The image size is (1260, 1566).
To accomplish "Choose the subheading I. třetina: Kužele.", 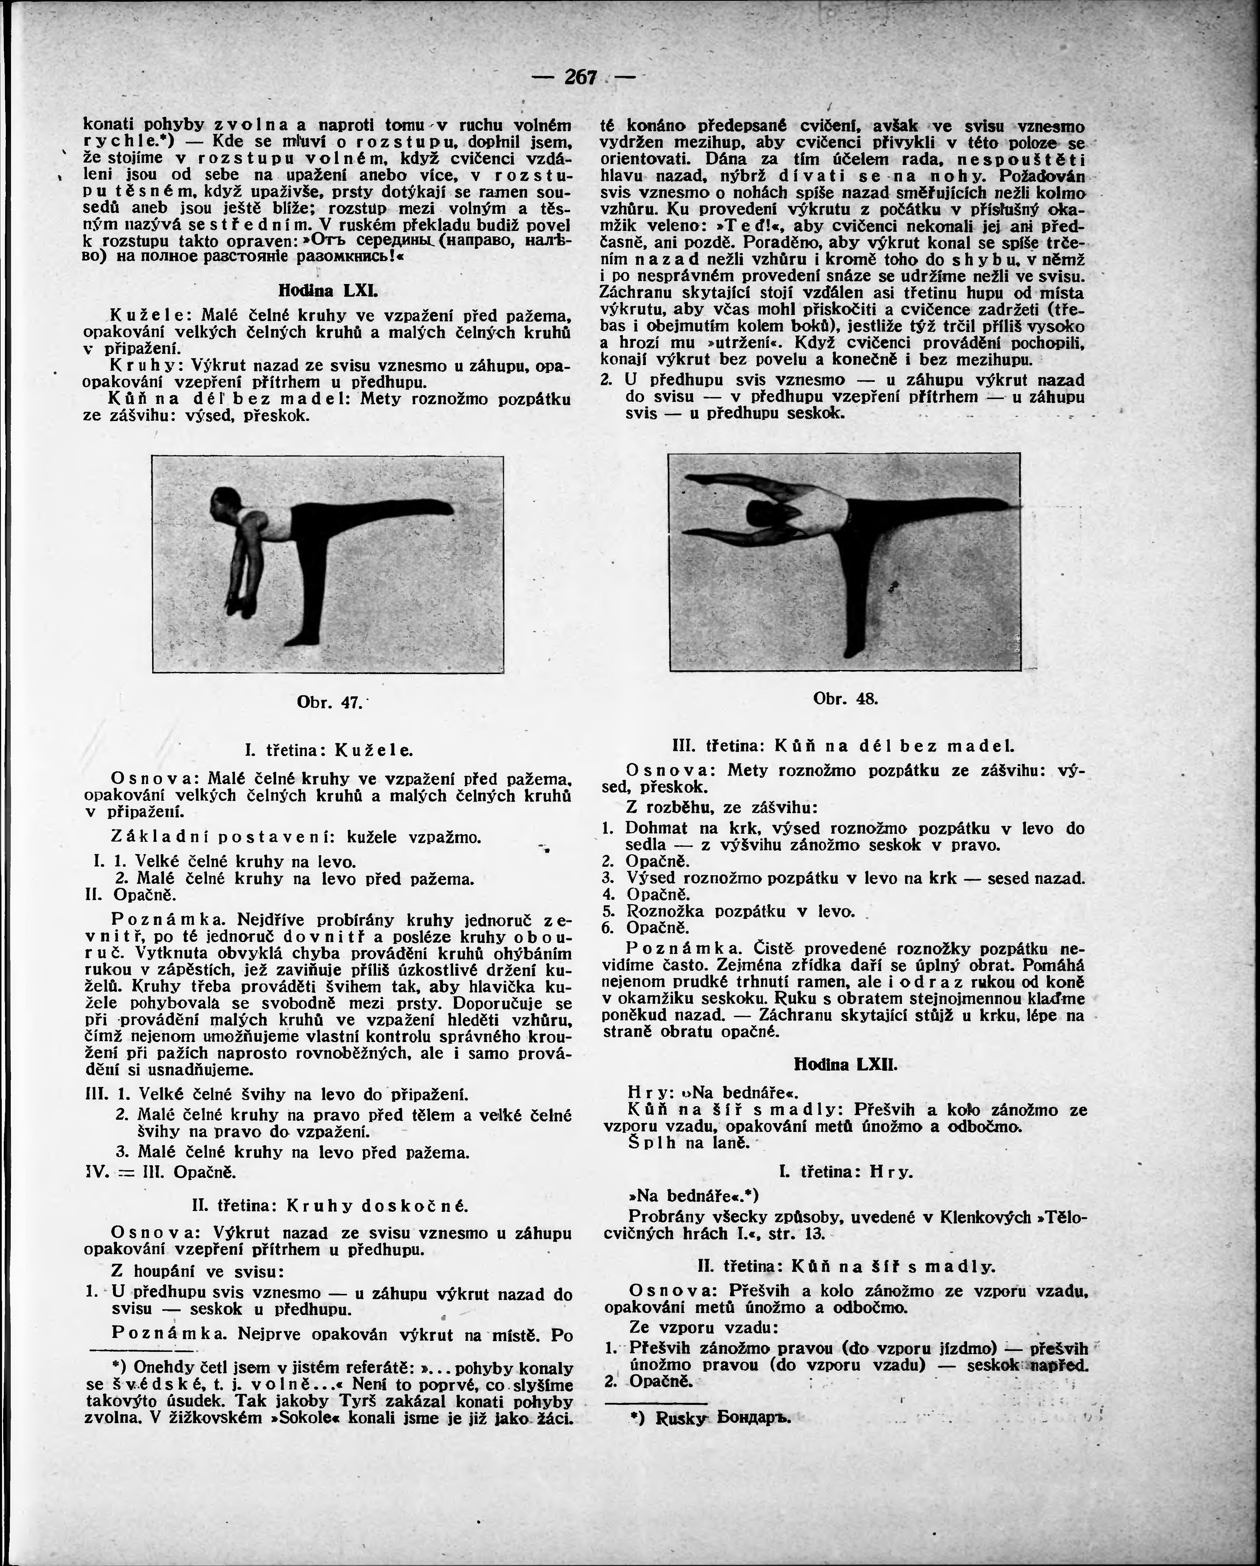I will pyautogui.click(x=328, y=750).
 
